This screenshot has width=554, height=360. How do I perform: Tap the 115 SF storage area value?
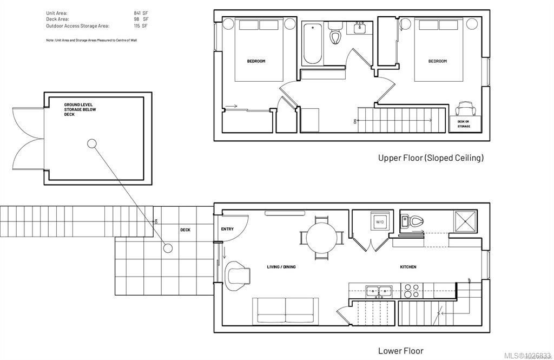click(141, 25)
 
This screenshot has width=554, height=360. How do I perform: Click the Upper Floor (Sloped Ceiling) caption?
click(431, 158)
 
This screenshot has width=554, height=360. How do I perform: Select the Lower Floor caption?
click(401, 351)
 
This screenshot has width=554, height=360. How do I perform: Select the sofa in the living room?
click(285, 311)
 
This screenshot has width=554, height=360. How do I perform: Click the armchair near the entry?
click(238, 275)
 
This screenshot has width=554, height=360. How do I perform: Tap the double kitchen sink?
click(379, 291)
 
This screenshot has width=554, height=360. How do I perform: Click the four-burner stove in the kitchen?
click(414, 291)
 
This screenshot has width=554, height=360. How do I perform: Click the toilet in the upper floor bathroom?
click(335, 36)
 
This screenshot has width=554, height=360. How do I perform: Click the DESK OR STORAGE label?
click(464, 124)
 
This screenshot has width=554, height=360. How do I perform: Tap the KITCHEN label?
click(408, 267)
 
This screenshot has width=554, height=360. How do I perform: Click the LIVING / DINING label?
click(281, 267)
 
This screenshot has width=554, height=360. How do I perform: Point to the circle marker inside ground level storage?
click(92, 143)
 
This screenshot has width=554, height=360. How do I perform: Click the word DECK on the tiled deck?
click(185, 230)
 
